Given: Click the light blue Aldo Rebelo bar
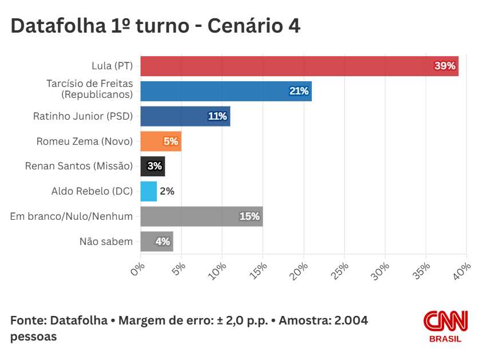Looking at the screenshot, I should pos(148,191).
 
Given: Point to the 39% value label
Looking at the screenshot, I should pos(445,66).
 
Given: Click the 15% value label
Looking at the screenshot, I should pos(250,216).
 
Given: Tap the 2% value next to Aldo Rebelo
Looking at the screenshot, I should pos(167,191).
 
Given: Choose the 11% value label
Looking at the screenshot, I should pos(217,116).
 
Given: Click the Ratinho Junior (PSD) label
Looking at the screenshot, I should pos(83,116).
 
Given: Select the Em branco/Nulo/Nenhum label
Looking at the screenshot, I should pos(72,216).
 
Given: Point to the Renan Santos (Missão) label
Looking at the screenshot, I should pos(79,166).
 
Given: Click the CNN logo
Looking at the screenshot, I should pos(445,321).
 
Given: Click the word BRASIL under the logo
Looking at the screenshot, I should pos(445,339).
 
